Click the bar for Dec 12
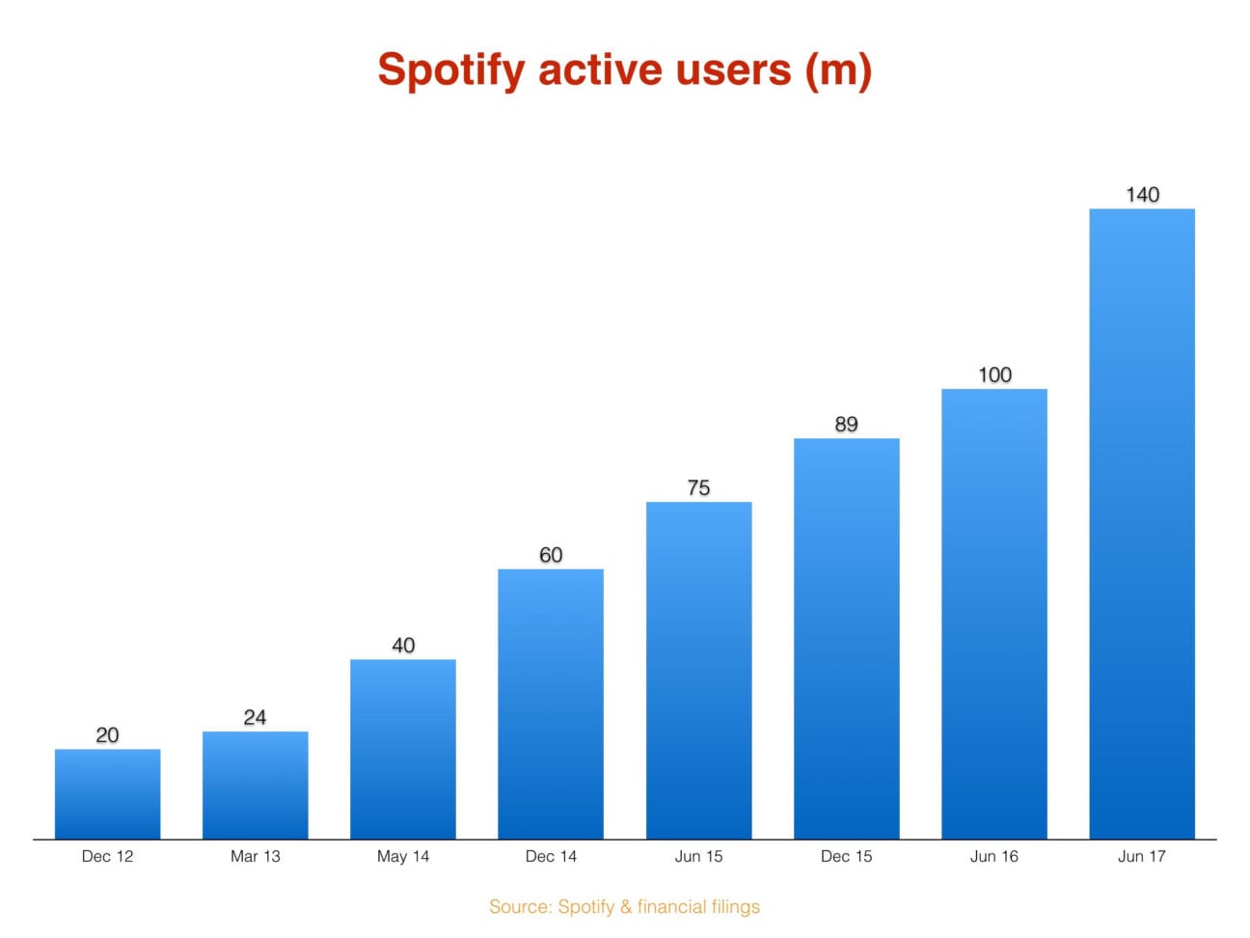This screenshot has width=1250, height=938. tap(107, 793)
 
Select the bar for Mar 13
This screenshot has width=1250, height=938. tap(255, 785)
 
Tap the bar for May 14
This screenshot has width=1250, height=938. tap(402, 749)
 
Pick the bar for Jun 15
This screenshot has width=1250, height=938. tap(698, 670)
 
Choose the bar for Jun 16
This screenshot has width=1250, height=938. tap(993, 614)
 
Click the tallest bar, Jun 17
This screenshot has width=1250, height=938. tap(1141, 523)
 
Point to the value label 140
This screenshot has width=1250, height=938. tap(1142, 194)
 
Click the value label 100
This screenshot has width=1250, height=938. tap(994, 374)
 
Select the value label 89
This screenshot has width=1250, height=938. tap(846, 424)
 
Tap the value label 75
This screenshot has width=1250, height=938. tap(698, 487)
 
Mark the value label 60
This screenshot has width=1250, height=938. tap(551, 555)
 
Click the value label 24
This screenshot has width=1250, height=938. tap(255, 717)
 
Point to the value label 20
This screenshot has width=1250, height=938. tap(107, 734)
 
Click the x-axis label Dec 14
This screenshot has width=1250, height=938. tap(551, 856)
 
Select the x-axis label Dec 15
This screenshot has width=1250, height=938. tap(846, 856)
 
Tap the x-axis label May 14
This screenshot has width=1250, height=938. tap(403, 856)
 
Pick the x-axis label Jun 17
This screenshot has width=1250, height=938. tap(1141, 856)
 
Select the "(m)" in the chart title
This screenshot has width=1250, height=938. tap(838, 70)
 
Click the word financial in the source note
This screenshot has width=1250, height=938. tap(671, 906)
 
